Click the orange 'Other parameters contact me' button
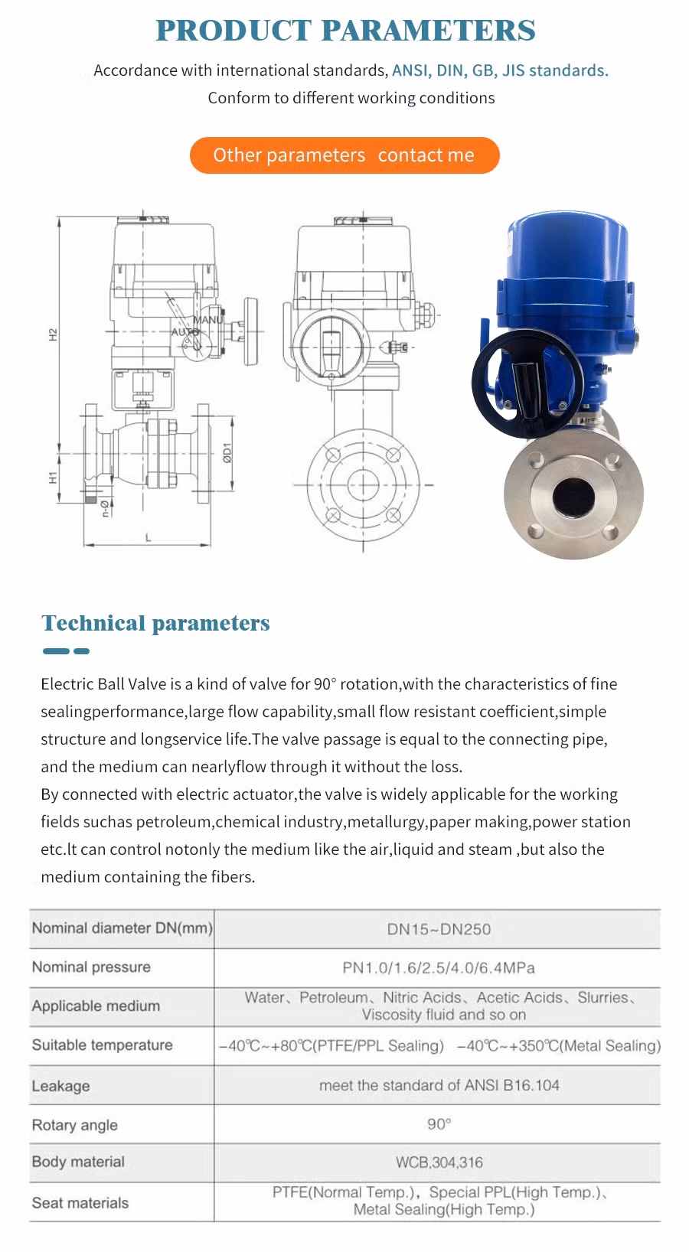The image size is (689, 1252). pyautogui.click(x=344, y=155)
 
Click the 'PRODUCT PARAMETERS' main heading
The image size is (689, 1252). pyautogui.click(x=345, y=31)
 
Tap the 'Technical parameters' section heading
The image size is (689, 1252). pyautogui.click(x=155, y=623)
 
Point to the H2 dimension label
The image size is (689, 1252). pyautogui.click(x=54, y=334)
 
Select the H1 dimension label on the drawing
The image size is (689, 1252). pyautogui.click(x=54, y=478)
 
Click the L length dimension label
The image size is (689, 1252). pyautogui.click(x=149, y=538)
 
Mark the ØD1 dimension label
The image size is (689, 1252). pyautogui.click(x=227, y=453)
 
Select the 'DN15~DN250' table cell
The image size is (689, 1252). pyautogui.click(x=439, y=929)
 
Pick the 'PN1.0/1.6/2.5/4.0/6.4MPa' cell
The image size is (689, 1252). pyautogui.click(x=439, y=967)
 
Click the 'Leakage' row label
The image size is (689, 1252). pyautogui.click(x=60, y=1086)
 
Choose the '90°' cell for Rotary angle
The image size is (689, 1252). pyautogui.click(x=439, y=1124)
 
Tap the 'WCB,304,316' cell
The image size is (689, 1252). pyautogui.click(x=439, y=1162)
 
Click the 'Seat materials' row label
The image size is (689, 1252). pyautogui.click(x=80, y=1202)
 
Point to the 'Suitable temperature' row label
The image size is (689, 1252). pyautogui.click(x=102, y=1045)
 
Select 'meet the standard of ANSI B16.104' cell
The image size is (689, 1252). pyautogui.click(x=439, y=1085)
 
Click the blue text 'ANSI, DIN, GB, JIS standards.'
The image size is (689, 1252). pyautogui.click(x=500, y=70)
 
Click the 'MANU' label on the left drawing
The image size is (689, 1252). pyautogui.click(x=207, y=320)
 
